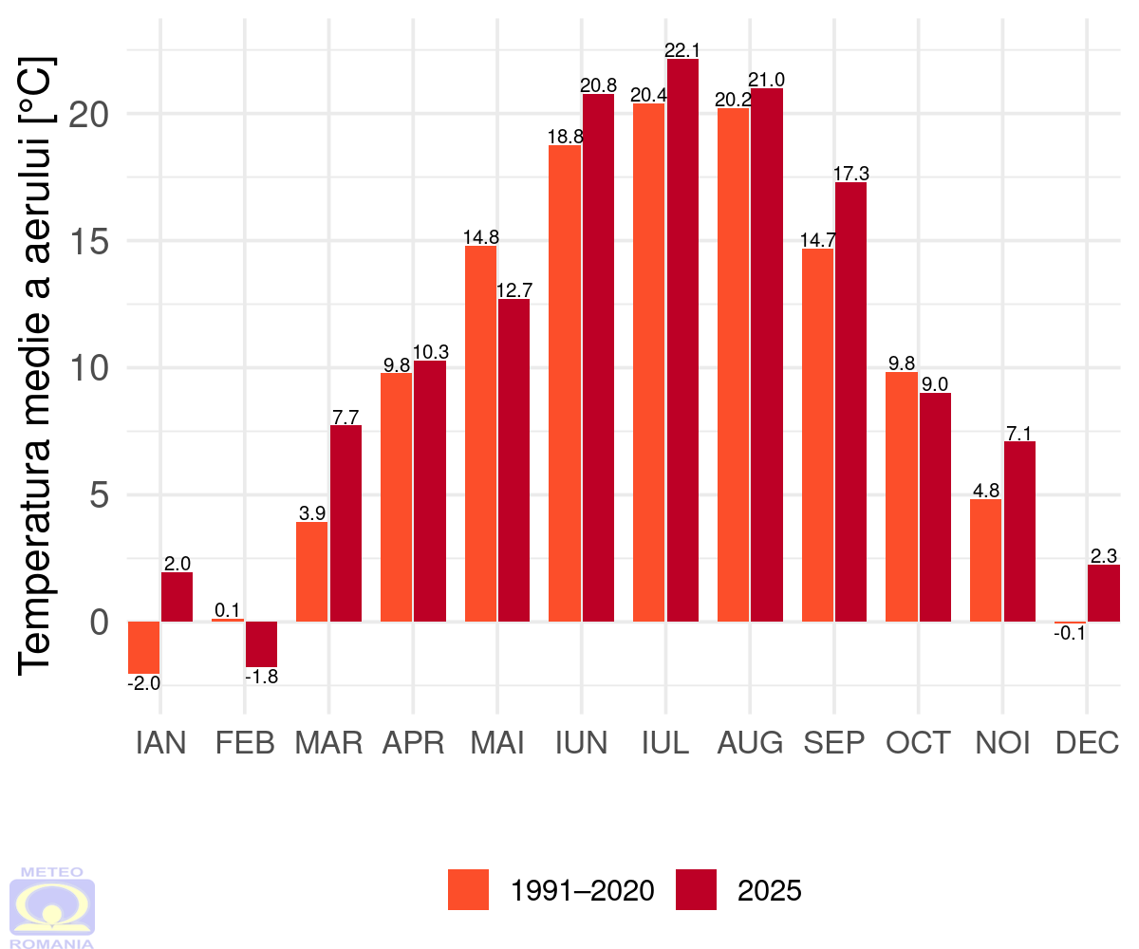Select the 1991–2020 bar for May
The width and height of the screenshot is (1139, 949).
pos(480,434)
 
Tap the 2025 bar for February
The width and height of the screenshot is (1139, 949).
pos(261,644)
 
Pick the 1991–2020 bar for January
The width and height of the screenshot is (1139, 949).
pos(143,647)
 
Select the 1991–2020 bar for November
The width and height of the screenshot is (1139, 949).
pos(986,560)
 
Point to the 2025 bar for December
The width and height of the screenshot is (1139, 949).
pos(1103,593)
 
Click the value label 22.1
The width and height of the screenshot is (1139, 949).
pos(682,49)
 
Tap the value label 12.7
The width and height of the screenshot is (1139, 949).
pos(513,290)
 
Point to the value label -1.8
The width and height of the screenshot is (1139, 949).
pos(261,678)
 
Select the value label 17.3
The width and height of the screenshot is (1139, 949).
pos(850,174)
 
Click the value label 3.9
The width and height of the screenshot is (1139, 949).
pos(312,513)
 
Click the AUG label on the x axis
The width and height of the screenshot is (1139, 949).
pos(750,743)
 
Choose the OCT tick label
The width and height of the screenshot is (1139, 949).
pos(918,743)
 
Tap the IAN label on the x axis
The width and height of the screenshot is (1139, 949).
pos(160,743)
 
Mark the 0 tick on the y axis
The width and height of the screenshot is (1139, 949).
pos(100,623)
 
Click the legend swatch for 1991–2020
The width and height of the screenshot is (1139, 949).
pos(468,890)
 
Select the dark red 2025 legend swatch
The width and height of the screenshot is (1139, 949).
pos(696,890)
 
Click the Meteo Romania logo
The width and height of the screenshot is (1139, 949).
pos(52,906)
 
